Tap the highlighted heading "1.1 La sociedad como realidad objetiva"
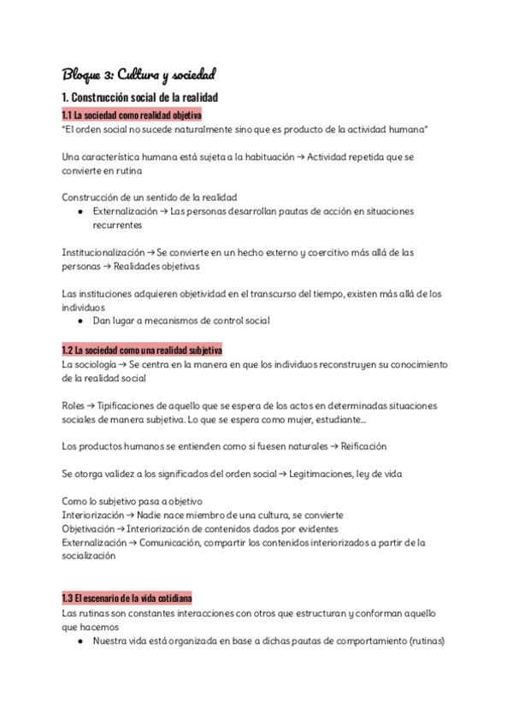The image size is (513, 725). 132,115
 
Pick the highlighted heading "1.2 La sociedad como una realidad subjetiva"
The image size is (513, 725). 142,350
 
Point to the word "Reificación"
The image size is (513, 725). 363,446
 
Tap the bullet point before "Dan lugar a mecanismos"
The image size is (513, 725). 80,321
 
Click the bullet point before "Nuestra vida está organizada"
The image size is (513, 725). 80,640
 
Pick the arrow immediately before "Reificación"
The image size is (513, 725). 334,446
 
